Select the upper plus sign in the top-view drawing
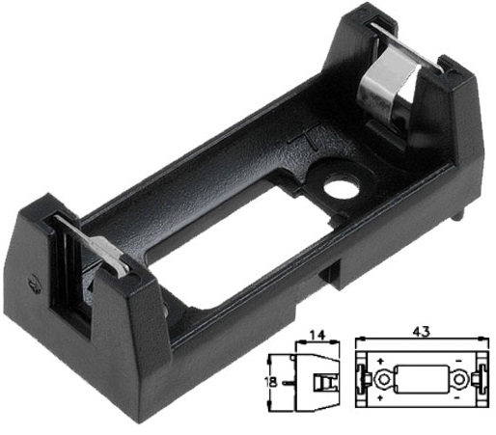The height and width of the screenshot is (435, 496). pyautogui.click(x=379, y=363)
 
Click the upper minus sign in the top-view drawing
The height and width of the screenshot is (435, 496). pyautogui.click(x=458, y=363)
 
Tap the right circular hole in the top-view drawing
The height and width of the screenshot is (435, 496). pyautogui.click(x=461, y=379)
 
